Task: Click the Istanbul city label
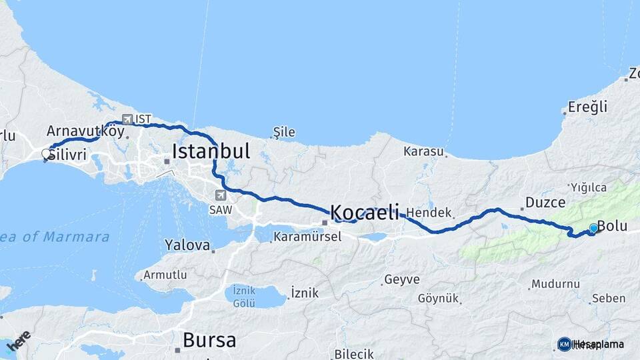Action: tap(211, 151)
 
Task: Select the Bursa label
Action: tap(209, 341)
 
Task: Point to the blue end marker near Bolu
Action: tap(593, 228)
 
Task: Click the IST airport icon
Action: tap(127, 119)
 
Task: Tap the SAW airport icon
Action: tap(221, 195)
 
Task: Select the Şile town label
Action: tap(284, 132)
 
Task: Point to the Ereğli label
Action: tap(587, 107)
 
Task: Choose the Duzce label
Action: tap(545, 202)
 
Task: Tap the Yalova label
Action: tap(187, 245)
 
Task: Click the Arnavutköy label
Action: tap(85, 131)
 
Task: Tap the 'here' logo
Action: tap(19, 340)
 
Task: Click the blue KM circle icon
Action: tap(564, 344)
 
